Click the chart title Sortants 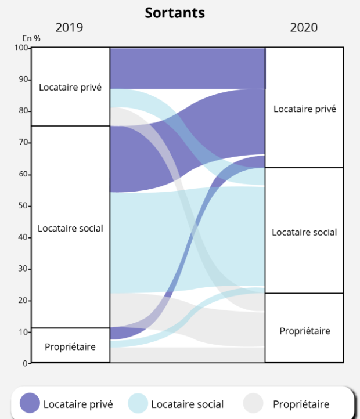pyautogui.click(x=175, y=12)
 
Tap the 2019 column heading pyautogui.click(x=69, y=27)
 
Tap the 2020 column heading pyautogui.click(x=304, y=27)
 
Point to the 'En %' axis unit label pyautogui.click(x=31, y=38)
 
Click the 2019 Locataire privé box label pyautogui.click(x=70, y=87)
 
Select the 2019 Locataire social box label pyautogui.click(x=70, y=228)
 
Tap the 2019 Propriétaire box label pyautogui.click(x=70, y=346)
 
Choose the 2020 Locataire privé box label pyautogui.click(x=304, y=109)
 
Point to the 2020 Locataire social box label pyautogui.click(x=304, y=232)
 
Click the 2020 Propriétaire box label pyautogui.click(x=304, y=331)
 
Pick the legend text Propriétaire pyautogui.click(x=301, y=404)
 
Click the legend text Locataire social pyautogui.click(x=187, y=404)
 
